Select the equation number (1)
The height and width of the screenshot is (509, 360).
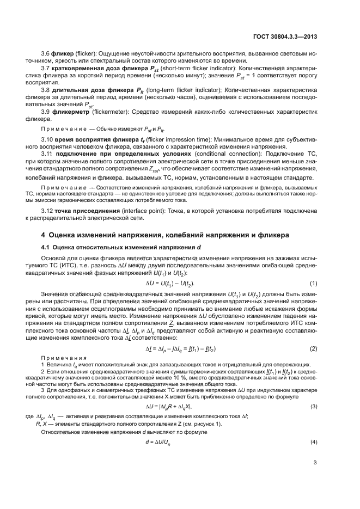point(314,284)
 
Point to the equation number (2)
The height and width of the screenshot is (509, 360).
point(314,348)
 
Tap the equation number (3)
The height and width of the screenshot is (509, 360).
point(314,407)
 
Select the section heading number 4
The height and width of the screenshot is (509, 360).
point(44,235)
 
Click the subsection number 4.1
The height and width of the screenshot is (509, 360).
point(46,248)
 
